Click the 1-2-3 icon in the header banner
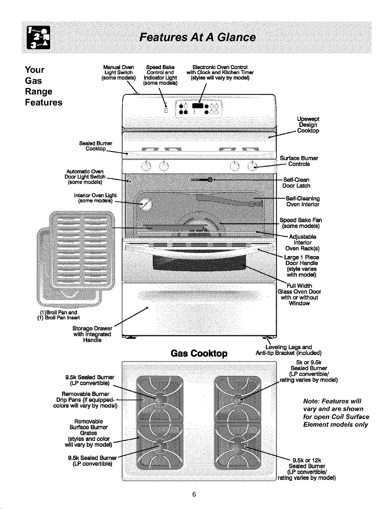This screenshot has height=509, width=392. coord(39,38)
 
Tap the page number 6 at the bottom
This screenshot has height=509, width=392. coord(194,494)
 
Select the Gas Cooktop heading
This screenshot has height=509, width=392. coord(199,353)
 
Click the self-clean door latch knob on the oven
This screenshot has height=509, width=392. coord(210,180)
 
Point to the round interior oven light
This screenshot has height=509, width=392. coord(146,204)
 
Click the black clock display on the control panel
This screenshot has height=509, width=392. coord(197,106)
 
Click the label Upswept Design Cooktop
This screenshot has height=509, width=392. coord(308,125)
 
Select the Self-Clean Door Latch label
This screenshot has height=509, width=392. coord(296,183)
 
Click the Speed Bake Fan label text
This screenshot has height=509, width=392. coord(301,223)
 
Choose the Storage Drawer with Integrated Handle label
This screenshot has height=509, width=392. coord(92,334)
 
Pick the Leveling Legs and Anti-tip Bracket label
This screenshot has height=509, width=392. coord(289,350)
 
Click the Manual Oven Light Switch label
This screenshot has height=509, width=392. coord(118,72)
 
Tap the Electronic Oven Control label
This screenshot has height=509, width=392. coord(220,72)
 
